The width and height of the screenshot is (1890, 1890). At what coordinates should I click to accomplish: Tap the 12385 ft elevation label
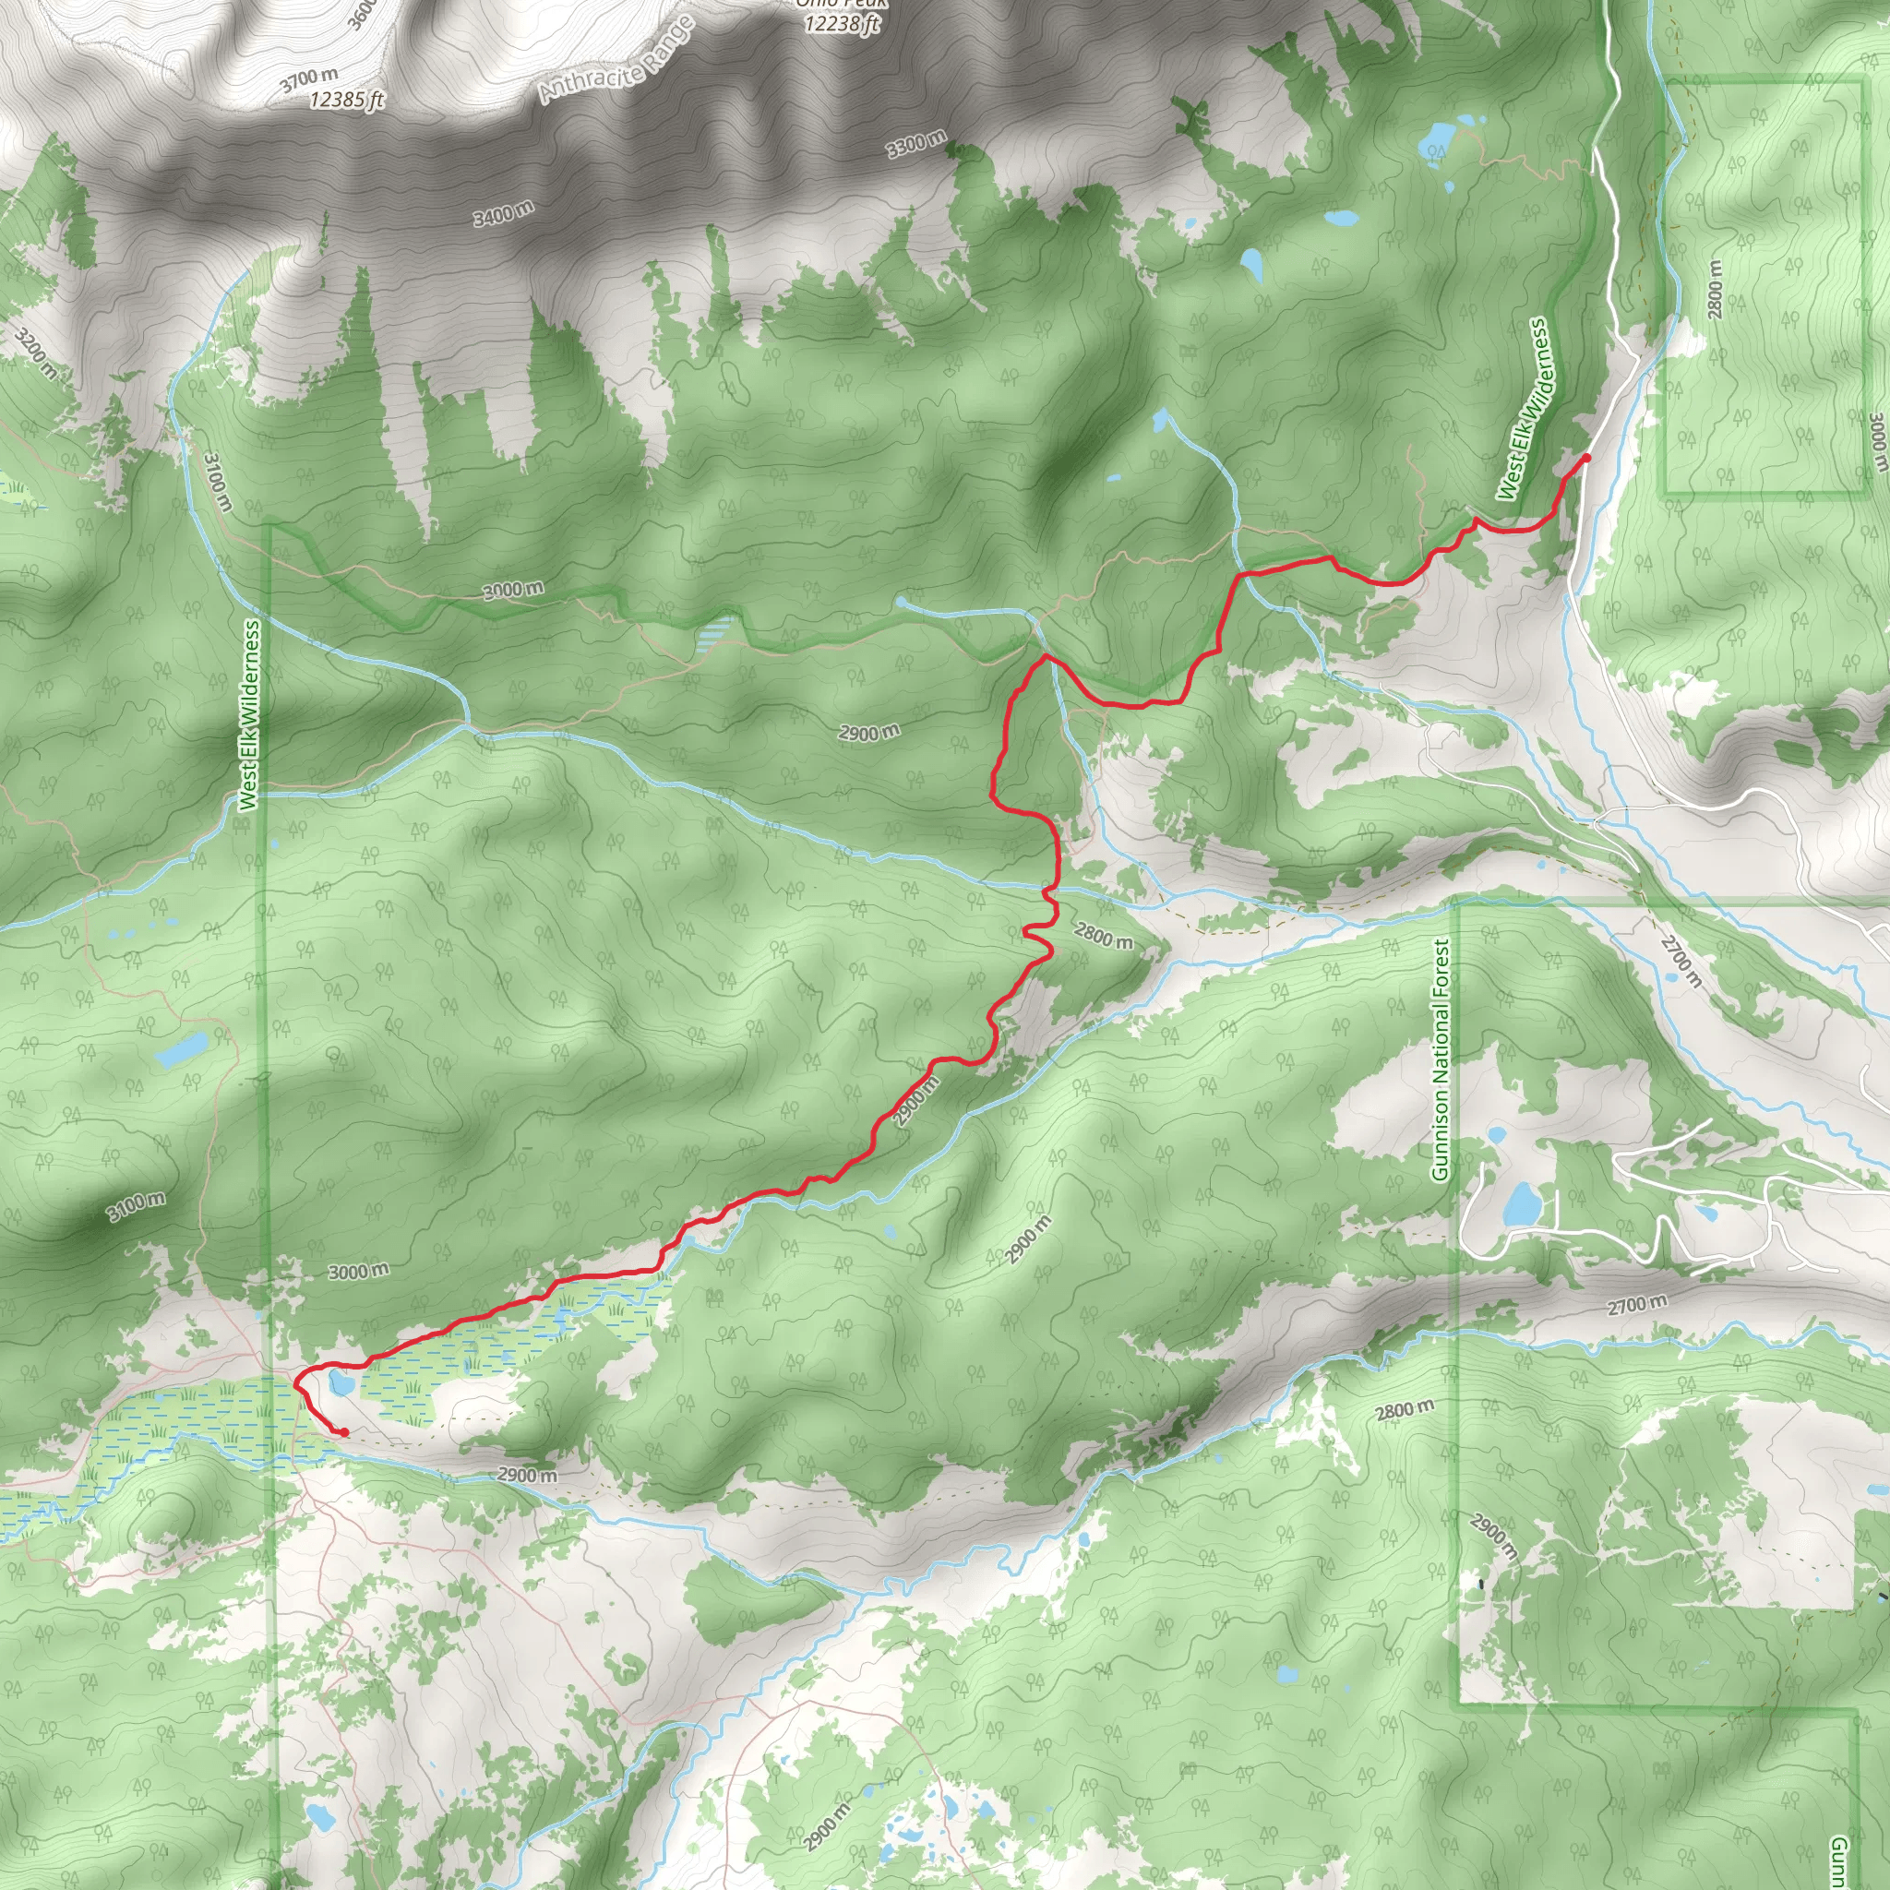[x=347, y=99]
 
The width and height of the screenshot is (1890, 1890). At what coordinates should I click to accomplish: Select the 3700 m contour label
[x=309, y=79]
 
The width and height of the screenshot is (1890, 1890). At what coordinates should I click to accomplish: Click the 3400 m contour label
[x=504, y=212]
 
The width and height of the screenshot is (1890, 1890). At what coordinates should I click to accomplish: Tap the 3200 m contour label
[x=36, y=353]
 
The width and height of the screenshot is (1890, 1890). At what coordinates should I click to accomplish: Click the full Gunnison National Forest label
[x=1440, y=1060]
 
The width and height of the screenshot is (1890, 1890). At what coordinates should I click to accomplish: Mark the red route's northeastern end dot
[x=1585, y=458]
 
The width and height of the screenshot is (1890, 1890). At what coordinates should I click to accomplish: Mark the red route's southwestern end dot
[x=344, y=1433]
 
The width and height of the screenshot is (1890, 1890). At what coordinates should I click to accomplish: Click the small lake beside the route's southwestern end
[x=340, y=1383]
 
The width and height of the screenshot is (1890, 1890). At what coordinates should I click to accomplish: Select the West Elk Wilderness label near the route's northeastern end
[x=1525, y=409]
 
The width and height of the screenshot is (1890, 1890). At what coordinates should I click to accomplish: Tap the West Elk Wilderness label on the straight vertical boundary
[x=249, y=714]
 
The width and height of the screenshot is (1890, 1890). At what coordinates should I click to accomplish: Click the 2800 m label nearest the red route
[x=1104, y=935]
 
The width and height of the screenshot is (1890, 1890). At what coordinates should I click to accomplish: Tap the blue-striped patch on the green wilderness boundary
[x=716, y=636]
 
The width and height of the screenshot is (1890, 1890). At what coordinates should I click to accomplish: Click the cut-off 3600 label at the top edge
[x=361, y=14]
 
